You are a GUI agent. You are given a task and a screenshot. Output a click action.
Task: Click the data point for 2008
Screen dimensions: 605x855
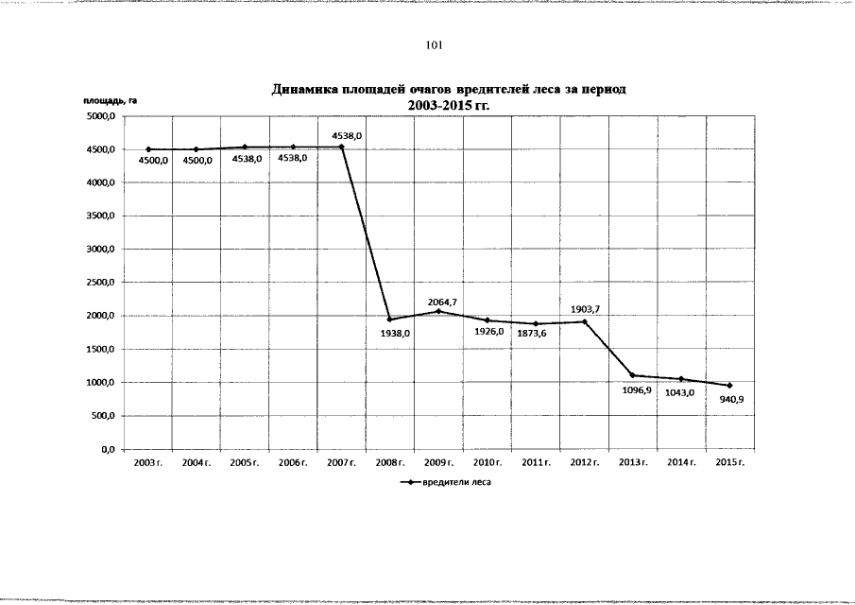(390, 319)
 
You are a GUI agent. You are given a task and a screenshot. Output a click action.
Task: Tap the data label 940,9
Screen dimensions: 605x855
(732, 400)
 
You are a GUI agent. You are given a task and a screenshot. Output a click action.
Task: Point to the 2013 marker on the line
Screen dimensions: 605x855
(632, 375)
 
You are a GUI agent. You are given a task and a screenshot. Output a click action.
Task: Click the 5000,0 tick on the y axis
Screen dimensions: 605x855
(101, 116)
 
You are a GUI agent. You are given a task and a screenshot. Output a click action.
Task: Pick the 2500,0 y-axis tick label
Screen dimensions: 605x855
(101, 283)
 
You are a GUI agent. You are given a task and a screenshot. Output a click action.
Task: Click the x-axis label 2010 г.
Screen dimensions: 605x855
(487, 462)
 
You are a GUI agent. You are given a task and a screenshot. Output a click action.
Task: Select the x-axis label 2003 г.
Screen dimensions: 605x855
(147, 462)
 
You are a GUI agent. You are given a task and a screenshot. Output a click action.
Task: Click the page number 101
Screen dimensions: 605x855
(435, 44)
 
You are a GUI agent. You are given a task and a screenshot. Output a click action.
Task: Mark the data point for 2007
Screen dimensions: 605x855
(341, 147)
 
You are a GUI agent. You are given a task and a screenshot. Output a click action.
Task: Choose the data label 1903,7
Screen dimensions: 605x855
(586, 308)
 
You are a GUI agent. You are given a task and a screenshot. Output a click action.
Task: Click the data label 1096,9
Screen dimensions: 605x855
(635, 389)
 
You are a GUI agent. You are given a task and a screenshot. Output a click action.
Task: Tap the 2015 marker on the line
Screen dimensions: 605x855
(729, 386)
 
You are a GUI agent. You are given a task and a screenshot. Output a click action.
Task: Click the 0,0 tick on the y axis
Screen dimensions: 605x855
(107, 449)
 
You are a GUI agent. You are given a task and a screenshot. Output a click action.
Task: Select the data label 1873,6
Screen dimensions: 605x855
(532, 333)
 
